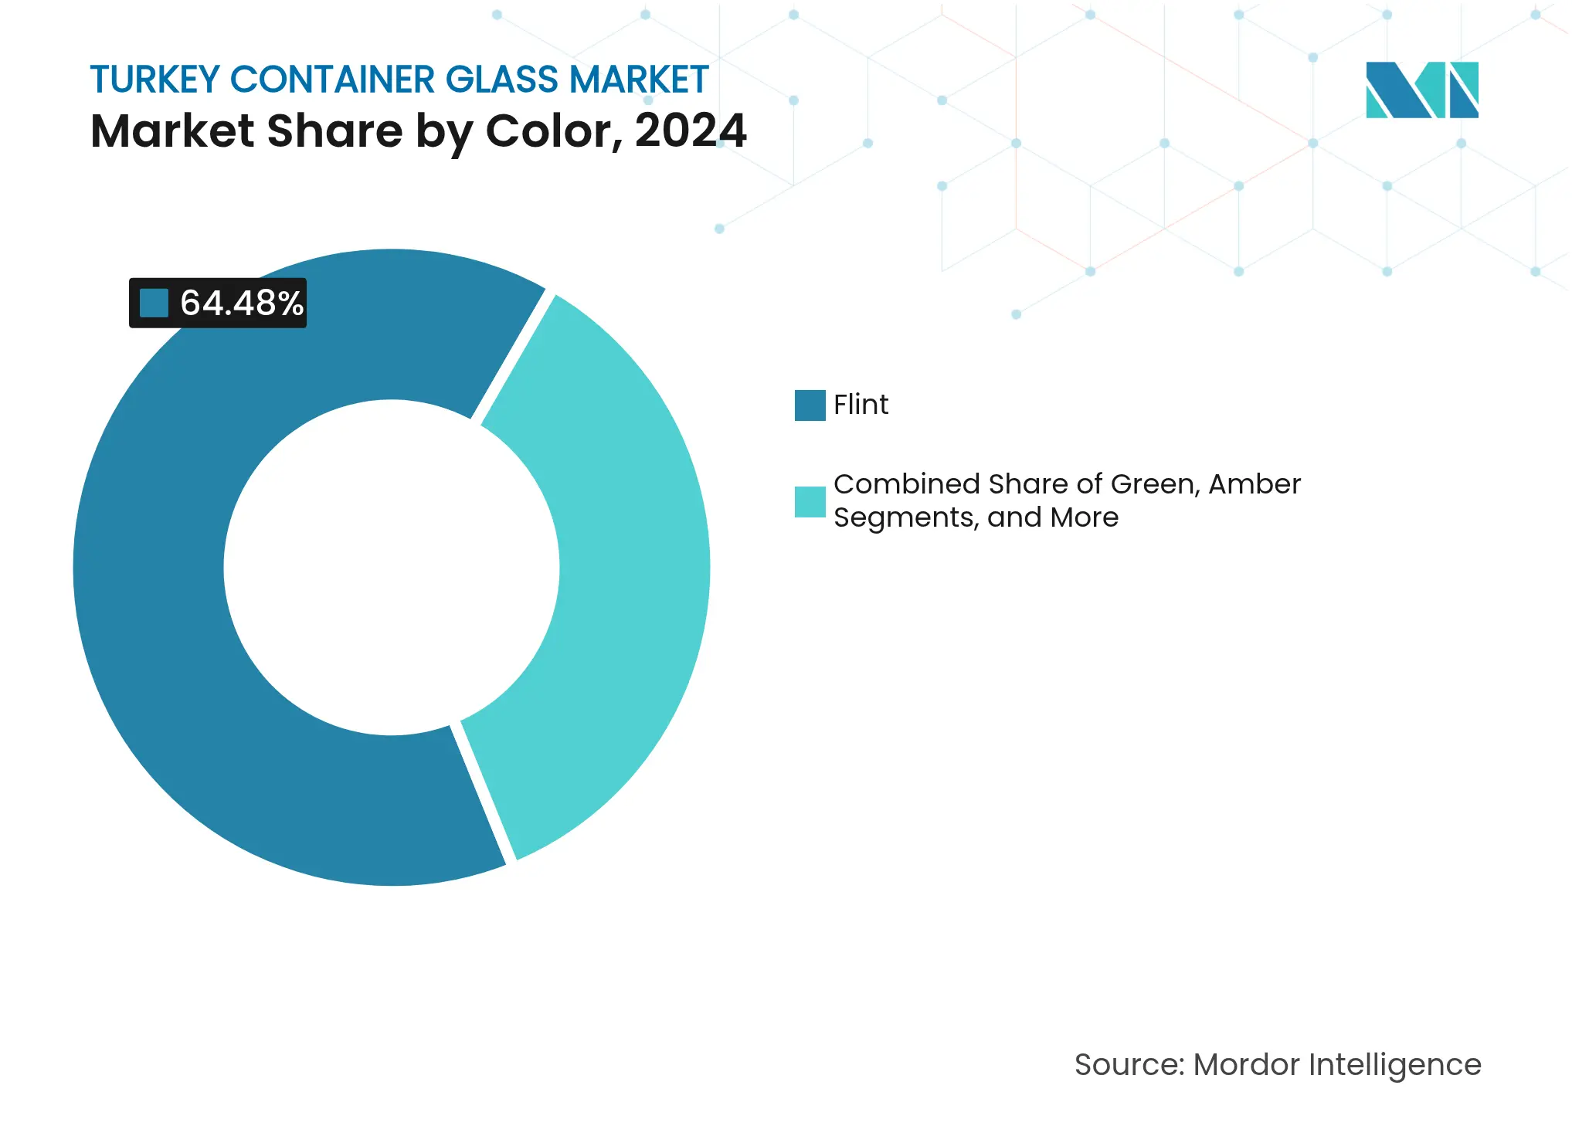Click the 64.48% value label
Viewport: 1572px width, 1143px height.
click(x=241, y=303)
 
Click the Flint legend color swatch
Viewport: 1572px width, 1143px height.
click(x=810, y=405)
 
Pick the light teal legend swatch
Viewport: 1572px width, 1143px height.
click(x=810, y=501)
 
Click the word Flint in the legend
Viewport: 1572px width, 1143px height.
click(x=861, y=405)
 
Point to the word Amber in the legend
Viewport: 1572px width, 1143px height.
click(x=1254, y=484)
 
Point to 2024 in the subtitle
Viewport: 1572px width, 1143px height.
click(x=691, y=131)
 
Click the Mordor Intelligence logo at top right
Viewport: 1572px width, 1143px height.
click(x=1421, y=90)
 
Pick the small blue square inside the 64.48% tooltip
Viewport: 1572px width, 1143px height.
click(x=154, y=303)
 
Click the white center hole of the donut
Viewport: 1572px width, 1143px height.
click(x=392, y=568)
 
